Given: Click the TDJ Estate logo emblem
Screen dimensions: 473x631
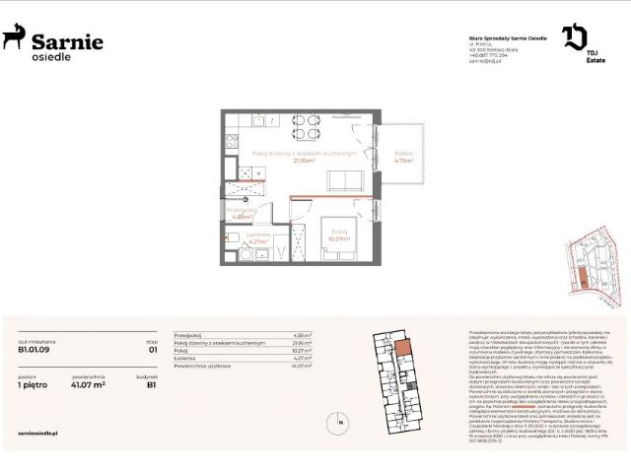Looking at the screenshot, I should pyautogui.click(x=574, y=38).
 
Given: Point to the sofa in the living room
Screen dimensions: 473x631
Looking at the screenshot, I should pyautogui.click(x=345, y=180).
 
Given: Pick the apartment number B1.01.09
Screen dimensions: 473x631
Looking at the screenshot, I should pyautogui.click(x=35, y=347).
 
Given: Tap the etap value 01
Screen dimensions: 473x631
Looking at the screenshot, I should pyautogui.click(x=153, y=347).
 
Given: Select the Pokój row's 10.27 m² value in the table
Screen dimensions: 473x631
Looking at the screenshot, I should pyautogui.click(x=303, y=349).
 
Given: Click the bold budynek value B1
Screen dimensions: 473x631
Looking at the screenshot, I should pyautogui.click(x=153, y=386).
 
